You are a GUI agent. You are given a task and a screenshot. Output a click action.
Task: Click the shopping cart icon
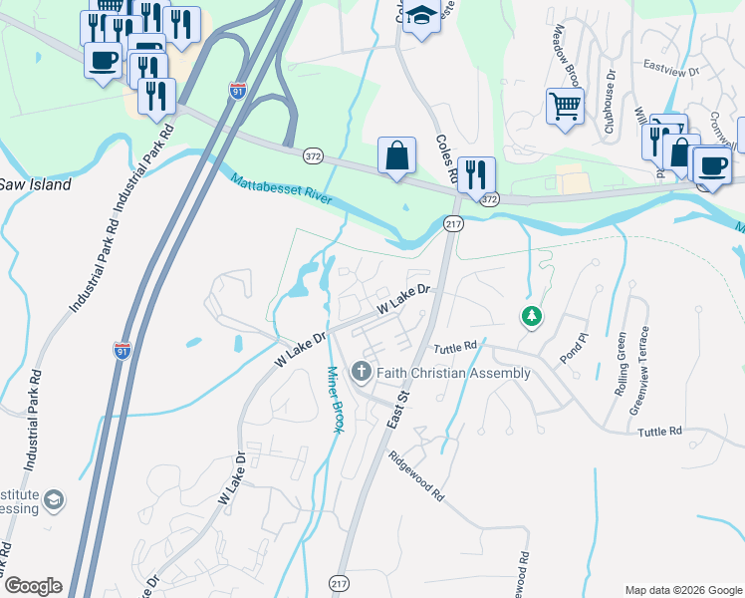tap(565, 105)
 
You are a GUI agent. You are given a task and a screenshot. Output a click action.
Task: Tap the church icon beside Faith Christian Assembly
tap(361, 373)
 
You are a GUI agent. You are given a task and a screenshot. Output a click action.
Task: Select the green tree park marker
tap(532, 317)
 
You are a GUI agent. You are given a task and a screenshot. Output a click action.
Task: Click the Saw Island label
tap(36, 184)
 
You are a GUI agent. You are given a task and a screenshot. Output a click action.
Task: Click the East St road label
tap(398, 410)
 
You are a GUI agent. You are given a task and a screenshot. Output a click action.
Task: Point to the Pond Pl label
tap(569, 354)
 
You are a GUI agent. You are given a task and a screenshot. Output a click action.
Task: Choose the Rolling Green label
tap(621, 364)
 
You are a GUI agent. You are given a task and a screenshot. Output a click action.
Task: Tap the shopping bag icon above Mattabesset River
tap(396, 155)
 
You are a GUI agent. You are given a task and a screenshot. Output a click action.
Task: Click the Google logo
tap(33, 586)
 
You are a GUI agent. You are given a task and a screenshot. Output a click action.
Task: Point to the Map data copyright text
tap(682, 589)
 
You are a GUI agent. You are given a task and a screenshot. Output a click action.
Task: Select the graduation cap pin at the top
tap(421, 16)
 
